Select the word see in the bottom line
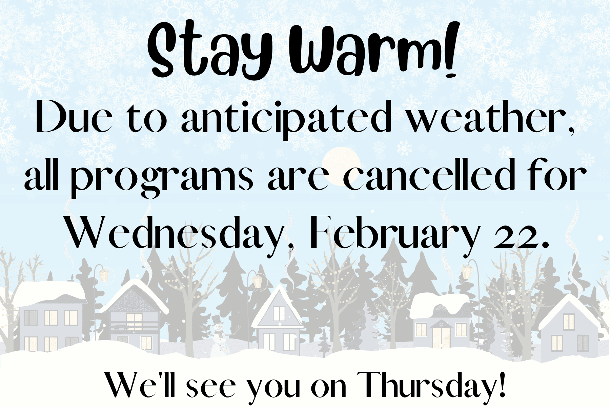pyautogui.click(x=210, y=388)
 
